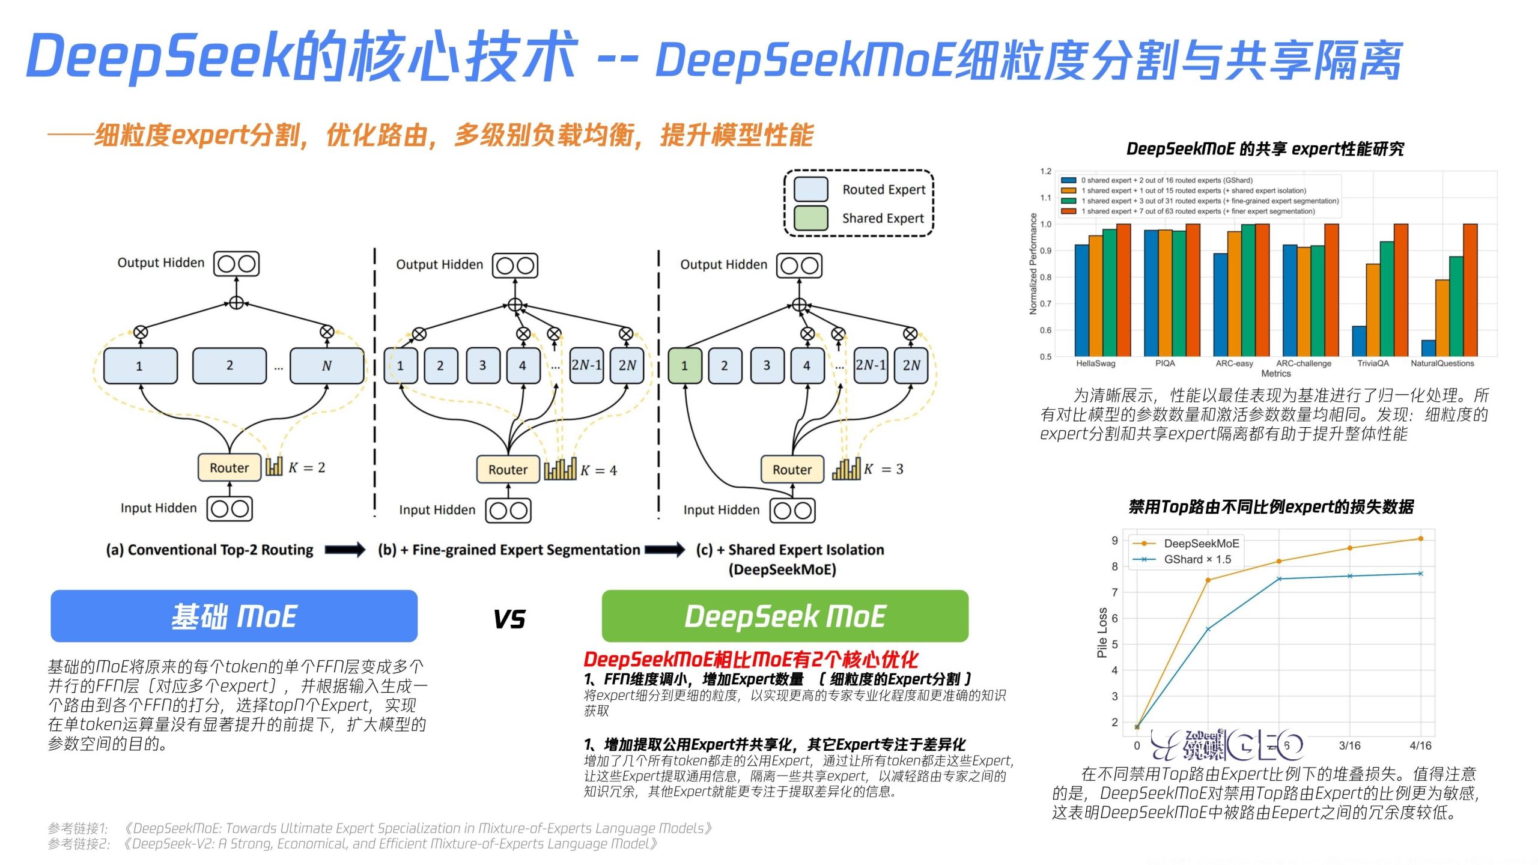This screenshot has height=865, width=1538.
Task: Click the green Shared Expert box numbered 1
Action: tap(684, 365)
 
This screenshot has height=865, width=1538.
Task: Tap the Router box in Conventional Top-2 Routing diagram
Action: tap(229, 468)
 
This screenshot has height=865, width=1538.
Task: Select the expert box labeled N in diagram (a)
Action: tap(326, 365)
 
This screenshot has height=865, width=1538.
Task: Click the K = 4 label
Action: tap(598, 470)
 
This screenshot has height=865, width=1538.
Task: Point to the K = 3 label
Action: tap(883, 469)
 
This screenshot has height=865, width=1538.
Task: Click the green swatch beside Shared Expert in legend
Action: tap(810, 218)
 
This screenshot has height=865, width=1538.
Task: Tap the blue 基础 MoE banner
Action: tap(234, 616)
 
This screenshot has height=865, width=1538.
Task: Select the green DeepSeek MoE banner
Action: tap(785, 616)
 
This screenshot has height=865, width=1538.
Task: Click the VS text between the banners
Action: tap(509, 619)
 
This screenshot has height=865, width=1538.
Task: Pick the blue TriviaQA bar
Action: tap(1359, 341)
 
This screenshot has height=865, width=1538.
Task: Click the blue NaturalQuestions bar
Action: tap(1428, 348)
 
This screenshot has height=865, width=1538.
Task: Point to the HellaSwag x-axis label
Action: tap(1095, 363)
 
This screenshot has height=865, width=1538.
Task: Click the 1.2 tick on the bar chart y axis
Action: tap(1046, 171)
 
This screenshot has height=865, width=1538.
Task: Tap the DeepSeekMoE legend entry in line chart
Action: tap(1201, 543)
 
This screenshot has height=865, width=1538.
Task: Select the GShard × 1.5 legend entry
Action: tap(1197, 559)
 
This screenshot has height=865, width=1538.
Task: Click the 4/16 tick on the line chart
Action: tap(1420, 745)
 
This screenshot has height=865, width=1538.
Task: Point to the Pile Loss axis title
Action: tap(1102, 633)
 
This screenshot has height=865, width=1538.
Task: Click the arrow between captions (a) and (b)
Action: tap(345, 550)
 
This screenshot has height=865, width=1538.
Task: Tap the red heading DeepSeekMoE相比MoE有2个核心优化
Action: tap(750, 659)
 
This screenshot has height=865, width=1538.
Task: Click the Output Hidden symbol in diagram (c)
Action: tap(799, 266)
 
